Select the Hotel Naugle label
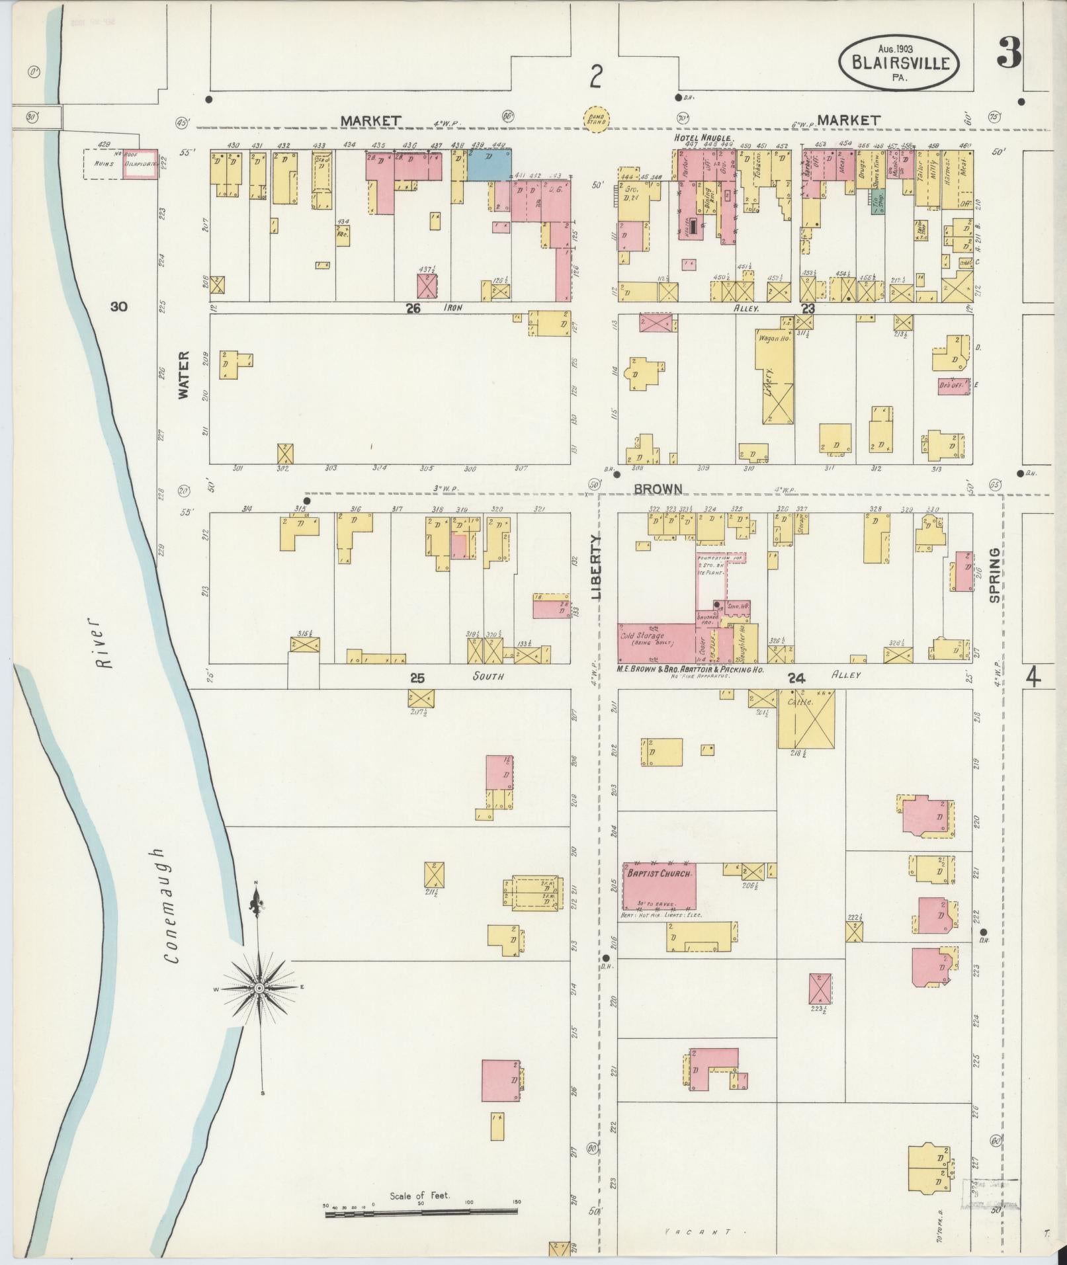[x=701, y=138]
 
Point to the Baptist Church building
[x=659, y=886]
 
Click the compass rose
[x=259, y=988]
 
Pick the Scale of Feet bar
[x=421, y=1212]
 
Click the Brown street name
[x=658, y=489]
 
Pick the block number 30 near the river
[x=119, y=306]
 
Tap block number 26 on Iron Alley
[x=413, y=308]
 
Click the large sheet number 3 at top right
[x=1008, y=54]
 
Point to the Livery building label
[x=771, y=380]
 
